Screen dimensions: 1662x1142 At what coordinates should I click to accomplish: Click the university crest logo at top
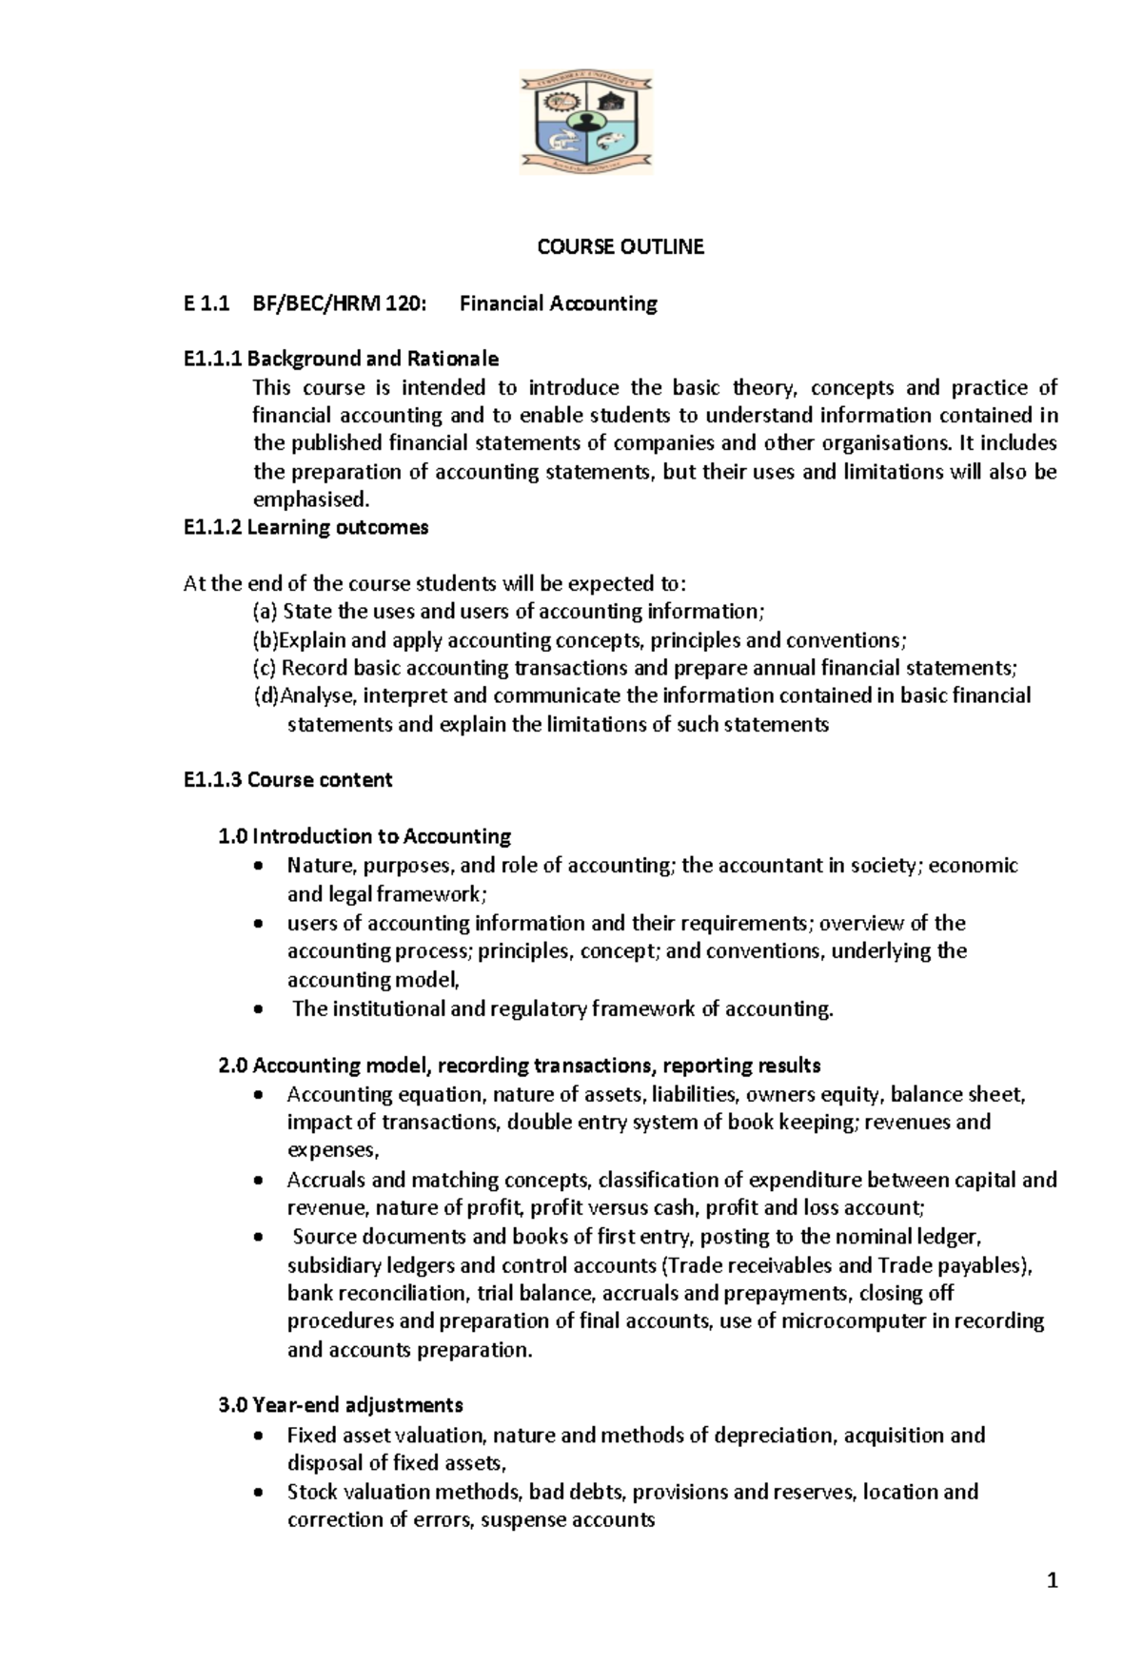click(586, 122)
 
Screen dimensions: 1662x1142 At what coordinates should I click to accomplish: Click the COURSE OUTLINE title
click(620, 247)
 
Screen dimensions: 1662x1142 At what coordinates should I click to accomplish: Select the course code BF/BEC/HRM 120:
click(340, 304)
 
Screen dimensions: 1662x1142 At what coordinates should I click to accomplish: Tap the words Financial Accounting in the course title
click(558, 304)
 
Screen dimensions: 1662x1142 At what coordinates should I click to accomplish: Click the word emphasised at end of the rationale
click(309, 499)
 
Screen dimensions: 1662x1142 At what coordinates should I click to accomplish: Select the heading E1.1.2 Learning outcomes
click(305, 528)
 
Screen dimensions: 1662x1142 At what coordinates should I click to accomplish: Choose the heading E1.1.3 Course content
click(287, 780)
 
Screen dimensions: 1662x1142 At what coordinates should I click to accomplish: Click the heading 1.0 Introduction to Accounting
click(364, 836)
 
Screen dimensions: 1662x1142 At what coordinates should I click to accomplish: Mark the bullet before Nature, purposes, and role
click(260, 867)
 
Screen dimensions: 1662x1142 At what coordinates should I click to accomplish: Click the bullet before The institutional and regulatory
click(260, 1010)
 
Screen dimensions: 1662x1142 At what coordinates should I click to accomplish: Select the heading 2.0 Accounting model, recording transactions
click(520, 1066)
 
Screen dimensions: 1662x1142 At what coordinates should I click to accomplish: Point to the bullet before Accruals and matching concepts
click(260, 1182)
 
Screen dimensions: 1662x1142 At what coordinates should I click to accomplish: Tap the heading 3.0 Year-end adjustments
click(341, 1405)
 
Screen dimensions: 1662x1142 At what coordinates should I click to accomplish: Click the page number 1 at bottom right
click(1052, 1582)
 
